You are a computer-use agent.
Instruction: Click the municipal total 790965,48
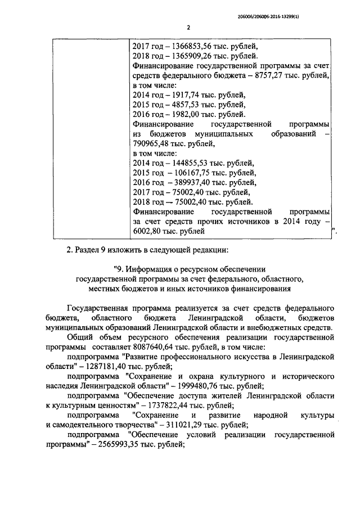pyautogui.click(x=152, y=143)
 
